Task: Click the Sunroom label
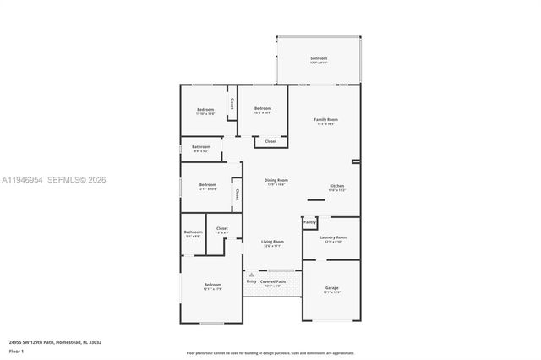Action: click(318, 58)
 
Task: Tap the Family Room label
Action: click(326, 121)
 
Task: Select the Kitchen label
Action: click(336, 186)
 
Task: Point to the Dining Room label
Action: click(276, 180)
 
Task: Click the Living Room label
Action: click(271, 243)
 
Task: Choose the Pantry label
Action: click(309, 222)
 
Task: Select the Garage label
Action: click(331, 288)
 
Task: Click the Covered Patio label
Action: click(272, 281)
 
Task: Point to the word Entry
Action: click(251, 281)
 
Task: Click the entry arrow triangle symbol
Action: click(251, 275)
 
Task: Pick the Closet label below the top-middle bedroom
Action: click(270, 141)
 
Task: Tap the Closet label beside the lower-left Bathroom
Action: click(222, 228)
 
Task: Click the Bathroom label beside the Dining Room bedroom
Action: click(200, 147)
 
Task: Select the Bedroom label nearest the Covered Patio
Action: click(212, 286)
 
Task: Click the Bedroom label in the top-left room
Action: click(205, 110)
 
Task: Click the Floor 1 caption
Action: click(16, 351)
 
